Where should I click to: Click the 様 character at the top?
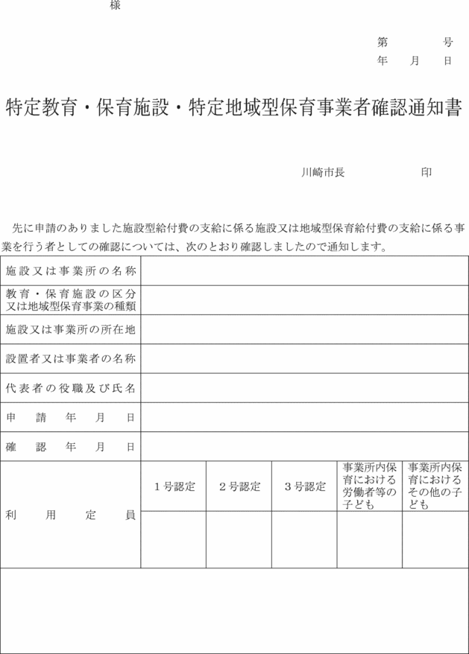(115, 6)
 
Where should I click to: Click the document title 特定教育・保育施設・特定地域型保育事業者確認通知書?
(234, 107)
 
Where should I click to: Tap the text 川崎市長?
(322, 172)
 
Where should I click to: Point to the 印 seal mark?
(426, 172)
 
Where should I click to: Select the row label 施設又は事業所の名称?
(71, 270)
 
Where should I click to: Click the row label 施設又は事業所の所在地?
(71, 328)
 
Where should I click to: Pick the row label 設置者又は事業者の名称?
(71, 358)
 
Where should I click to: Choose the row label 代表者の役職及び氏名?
(71, 388)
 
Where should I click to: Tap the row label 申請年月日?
(71, 417)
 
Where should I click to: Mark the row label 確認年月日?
(71, 447)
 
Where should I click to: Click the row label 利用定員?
(71, 515)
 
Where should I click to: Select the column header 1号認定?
(174, 486)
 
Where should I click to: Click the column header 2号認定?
(239, 486)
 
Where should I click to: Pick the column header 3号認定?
(305, 486)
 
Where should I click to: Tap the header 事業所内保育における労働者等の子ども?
(370, 486)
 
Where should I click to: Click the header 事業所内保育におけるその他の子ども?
(435, 486)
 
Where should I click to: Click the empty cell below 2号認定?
(239, 539)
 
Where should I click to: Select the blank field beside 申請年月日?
(305, 417)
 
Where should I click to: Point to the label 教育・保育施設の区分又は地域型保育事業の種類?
(71, 299)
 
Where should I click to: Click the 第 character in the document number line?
(383, 42)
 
